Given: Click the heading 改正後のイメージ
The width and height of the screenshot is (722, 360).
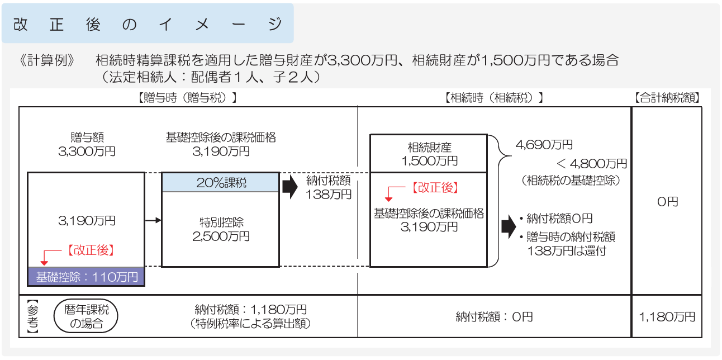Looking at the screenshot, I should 148,24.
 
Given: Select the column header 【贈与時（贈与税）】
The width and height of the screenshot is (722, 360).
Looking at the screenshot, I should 188,97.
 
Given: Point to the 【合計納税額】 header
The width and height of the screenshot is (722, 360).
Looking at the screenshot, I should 667,97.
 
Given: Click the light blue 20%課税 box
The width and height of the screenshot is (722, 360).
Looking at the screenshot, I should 220,183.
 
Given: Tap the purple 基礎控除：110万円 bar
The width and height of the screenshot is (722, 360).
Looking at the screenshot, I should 86,277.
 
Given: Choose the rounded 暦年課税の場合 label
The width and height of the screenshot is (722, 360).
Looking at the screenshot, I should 87,317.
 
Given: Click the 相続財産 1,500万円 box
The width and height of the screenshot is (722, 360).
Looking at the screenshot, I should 429,154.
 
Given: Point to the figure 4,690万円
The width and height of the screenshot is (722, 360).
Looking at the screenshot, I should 544,145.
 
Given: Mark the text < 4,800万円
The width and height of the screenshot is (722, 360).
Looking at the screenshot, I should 591,164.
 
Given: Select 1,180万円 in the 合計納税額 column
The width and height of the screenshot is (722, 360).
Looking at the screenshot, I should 667,317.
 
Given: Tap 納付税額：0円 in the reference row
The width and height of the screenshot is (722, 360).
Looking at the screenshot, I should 494,317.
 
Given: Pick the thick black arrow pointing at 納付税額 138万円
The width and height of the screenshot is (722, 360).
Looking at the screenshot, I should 289,188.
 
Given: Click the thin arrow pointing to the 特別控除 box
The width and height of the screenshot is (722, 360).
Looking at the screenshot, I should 153,221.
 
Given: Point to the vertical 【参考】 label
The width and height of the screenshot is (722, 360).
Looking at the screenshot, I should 31,317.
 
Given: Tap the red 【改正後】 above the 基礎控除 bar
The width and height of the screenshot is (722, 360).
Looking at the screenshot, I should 91,250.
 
